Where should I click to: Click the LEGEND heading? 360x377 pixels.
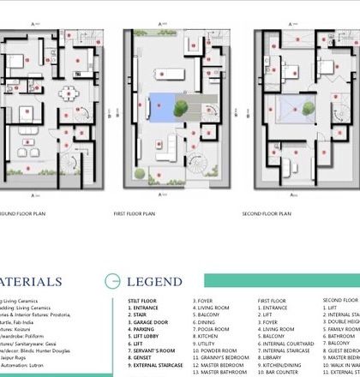154,281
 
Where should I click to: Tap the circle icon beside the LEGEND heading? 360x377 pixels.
112,281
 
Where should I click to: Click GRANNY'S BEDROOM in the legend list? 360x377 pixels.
222,357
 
